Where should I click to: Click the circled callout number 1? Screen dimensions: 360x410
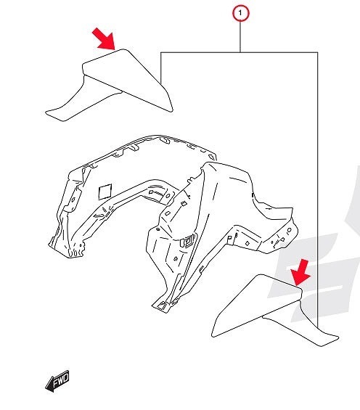(240, 13)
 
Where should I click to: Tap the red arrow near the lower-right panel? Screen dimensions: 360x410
(300, 273)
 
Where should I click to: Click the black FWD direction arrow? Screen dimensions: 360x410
(57, 381)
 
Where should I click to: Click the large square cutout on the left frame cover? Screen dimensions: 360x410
(105, 192)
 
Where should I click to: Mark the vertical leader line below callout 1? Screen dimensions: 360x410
(240, 37)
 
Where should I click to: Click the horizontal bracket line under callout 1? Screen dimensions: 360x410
(240, 52)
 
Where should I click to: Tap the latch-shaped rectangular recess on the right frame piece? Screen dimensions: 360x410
(188, 240)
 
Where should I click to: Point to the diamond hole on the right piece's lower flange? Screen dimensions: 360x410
(247, 244)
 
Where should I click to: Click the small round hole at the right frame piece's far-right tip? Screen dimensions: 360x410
(289, 230)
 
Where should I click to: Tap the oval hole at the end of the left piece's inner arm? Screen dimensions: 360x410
(168, 196)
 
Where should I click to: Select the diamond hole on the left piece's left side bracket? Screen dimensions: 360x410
(73, 200)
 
